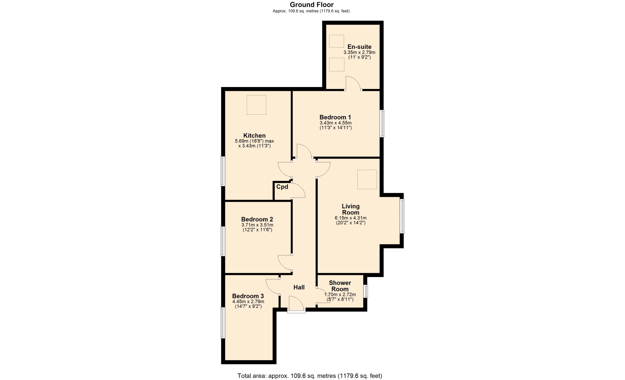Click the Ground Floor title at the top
coord(312,5)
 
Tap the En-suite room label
coord(359,47)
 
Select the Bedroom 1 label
coord(335,117)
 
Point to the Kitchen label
coord(255,136)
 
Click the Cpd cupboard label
coord(282,187)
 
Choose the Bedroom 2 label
coord(257,219)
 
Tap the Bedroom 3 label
coord(248,296)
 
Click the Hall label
coord(299,287)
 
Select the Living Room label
coord(351,209)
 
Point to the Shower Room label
coord(340,286)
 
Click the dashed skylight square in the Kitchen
coord(257,105)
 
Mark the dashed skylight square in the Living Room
coord(367,179)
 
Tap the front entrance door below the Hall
coord(296,304)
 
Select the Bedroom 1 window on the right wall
coord(382,124)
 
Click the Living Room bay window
coord(402,216)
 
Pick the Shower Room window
coord(366,291)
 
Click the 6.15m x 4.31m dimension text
coord(351,218)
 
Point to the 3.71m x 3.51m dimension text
coord(257,225)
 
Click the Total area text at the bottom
coord(310,376)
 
